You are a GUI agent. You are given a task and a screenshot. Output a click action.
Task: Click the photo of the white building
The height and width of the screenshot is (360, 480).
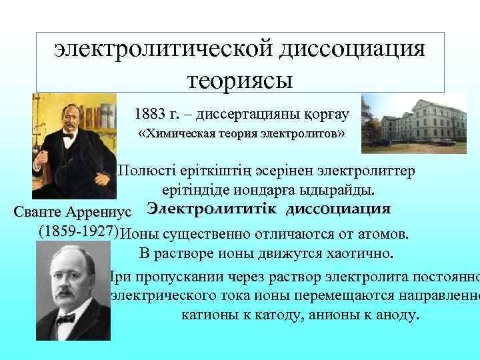click(x=414, y=119)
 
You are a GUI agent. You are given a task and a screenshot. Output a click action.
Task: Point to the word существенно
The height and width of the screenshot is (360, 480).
click(x=203, y=234)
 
